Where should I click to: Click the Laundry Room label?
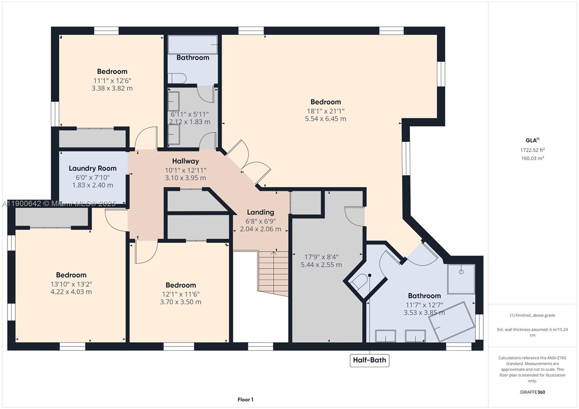(x=93, y=168)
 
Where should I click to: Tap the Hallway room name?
(x=185, y=161)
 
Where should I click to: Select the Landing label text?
(x=260, y=212)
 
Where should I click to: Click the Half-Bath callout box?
(x=369, y=360)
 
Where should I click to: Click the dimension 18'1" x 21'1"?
(x=325, y=111)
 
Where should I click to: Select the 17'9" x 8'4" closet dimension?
(x=321, y=257)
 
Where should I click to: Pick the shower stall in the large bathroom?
(x=461, y=279)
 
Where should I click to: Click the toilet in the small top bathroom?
(x=177, y=78)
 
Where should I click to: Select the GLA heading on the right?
(x=532, y=140)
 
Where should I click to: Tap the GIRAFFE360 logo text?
(x=532, y=392)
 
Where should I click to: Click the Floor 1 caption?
(x=245, y=400)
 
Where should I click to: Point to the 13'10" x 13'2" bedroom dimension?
(x=71, y=284)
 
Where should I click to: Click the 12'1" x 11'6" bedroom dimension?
(x=181, y=294)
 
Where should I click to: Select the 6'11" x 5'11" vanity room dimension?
(x=190, y=114)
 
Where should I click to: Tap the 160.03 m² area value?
(x=532, y=158)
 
